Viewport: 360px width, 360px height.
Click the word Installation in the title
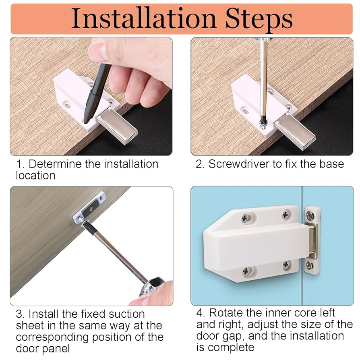pos(144,19)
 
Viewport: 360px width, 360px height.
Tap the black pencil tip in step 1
pos(87,120)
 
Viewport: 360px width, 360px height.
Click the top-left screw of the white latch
pos(246,218)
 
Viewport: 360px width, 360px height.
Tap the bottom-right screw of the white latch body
pos(286,265)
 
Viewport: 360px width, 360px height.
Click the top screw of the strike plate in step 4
pos(310,215)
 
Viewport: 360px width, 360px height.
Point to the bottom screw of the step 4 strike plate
pos(310,265)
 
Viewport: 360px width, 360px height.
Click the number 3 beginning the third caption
pos(19,314)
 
